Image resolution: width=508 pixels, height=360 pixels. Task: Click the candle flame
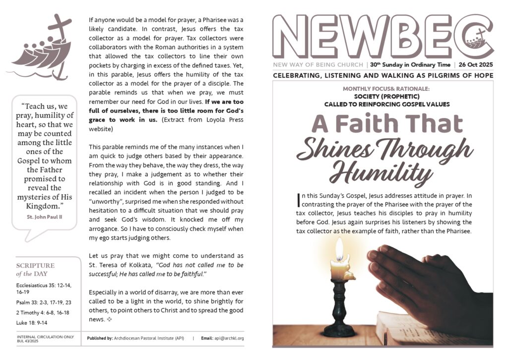coord(339,249)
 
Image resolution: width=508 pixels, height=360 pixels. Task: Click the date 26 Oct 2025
coord(475,65)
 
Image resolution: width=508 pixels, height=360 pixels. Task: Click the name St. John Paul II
coord(44,216)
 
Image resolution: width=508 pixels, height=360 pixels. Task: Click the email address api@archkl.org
coord(229,338)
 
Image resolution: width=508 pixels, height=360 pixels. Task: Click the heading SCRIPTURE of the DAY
coord(35,269)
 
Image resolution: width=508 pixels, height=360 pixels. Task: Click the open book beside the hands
coord(397,328)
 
